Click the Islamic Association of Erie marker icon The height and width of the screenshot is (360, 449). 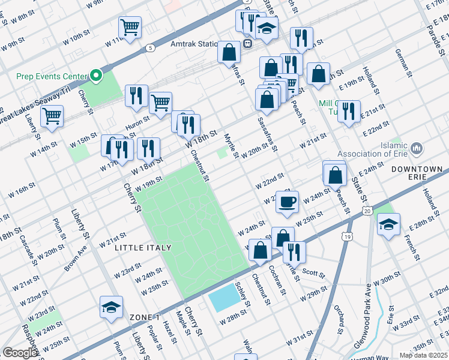click(417, 148)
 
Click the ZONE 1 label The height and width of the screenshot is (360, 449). click(144, 317)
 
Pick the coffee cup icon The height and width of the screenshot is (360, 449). click(288, 201)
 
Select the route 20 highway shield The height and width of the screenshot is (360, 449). click(367, 210)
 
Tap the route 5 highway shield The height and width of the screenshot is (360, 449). click(150, 47)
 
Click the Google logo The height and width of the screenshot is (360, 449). click(20, 353)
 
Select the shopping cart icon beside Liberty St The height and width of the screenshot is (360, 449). click(52, 115)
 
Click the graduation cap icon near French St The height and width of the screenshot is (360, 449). click(388, 224)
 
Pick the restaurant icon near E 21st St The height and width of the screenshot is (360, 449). click(349, 111)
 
